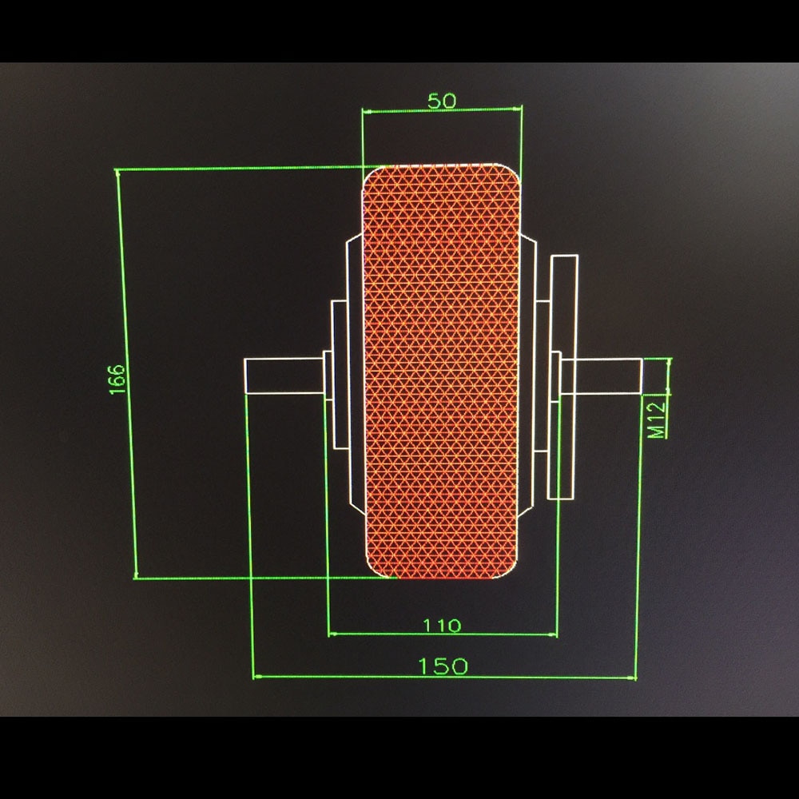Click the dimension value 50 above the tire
442,101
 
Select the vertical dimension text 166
117,379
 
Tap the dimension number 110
442,625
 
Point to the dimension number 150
442,666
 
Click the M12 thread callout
656,419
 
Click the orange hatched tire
442,372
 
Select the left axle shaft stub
284,376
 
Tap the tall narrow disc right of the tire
565,376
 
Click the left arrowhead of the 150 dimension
256,677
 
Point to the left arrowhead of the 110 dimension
332,634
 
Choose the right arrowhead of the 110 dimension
554,634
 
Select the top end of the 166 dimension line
118,171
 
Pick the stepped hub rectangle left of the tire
340,376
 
